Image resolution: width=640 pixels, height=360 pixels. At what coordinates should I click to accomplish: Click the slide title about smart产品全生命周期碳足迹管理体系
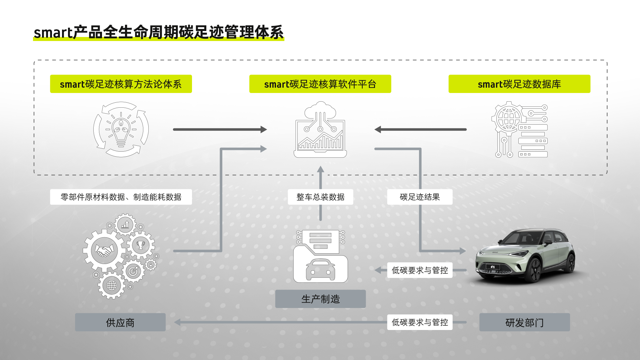(x=159, y=32)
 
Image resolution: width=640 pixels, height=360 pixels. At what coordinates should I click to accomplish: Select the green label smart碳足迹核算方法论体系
(x=121, y=84)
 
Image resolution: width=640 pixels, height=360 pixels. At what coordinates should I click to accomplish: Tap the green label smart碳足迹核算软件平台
(x=320, y=84)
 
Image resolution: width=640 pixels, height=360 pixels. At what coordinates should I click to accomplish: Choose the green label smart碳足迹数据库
(x=519, y=84)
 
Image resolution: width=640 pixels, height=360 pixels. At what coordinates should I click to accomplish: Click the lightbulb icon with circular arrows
(x=121, y=129)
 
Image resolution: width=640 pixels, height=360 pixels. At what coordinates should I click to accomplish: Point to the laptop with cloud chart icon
(x=320, y=130)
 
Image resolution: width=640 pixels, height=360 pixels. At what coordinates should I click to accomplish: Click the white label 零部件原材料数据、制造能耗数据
(x=121, y=197)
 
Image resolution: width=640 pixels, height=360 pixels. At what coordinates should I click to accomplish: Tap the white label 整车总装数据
(x=320, y=197)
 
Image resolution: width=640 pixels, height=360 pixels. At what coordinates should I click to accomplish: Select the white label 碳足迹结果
(x=420, y=197)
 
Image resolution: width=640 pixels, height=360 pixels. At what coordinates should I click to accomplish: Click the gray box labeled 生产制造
(x=320, y=299)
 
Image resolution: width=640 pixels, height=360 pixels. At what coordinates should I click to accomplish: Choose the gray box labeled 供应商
(x=120, y=322)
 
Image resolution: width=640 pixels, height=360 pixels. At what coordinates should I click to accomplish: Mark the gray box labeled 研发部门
(x=524, y=322)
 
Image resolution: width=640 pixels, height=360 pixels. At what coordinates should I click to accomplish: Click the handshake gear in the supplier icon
(x=104, y=250)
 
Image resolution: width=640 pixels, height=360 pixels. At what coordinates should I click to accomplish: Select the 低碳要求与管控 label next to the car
(x=420, y=270)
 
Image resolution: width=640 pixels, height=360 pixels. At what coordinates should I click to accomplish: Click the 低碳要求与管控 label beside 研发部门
(x=420, y=322)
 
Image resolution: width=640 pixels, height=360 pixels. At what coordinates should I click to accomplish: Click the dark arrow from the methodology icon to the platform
(x=220, y=129)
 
